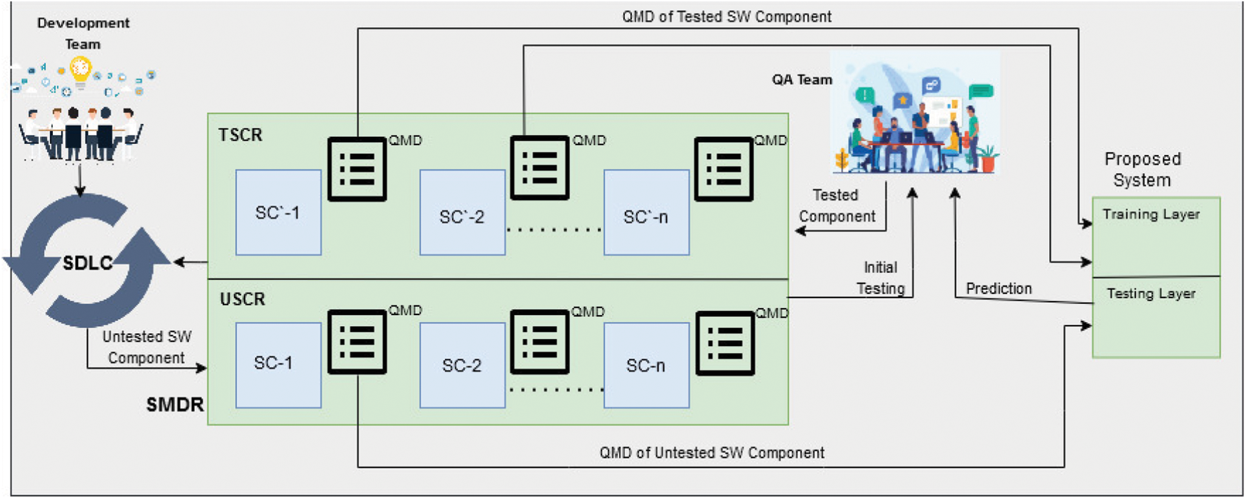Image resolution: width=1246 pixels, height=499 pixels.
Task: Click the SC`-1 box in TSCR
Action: (x=278, y=212)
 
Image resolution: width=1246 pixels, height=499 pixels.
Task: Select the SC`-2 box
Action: (x=462, y=213)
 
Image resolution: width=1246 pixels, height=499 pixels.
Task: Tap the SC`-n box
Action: (x=646, y=213)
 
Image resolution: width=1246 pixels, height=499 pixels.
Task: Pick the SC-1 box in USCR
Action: (x=278, y=365)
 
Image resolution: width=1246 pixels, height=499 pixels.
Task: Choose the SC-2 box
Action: (x=462, y=365)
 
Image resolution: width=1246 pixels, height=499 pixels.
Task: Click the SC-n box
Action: (x=646, y=365)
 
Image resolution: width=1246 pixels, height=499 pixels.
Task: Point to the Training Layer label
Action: (x=1150, y=214)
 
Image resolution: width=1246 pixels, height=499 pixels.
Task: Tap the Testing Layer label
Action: (x=1150, y=294)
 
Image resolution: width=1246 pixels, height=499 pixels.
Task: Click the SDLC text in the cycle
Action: (x=87, y=263)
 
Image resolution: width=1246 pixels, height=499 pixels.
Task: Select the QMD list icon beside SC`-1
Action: (x=357, y=169)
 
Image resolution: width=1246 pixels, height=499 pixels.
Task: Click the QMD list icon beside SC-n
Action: (x=725, y=343)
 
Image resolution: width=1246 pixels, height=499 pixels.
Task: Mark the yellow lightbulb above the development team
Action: (x=81, y=68)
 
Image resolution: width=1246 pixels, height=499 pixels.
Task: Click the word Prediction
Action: (x=998, y=289)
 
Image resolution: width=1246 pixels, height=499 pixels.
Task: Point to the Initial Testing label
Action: (x=881, y=278)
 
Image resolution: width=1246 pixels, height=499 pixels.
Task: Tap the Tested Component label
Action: (x=837, y=206)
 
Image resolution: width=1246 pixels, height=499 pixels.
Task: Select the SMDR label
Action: (x=174, y=405)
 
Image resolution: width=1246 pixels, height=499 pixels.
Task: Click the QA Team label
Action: (x=802, y=79)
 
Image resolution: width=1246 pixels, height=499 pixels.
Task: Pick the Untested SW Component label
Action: (x=147, y=347)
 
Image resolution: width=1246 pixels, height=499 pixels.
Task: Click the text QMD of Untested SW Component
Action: (x=711, y=453)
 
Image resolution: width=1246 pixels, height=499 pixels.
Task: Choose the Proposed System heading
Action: (x=1142, y=169)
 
